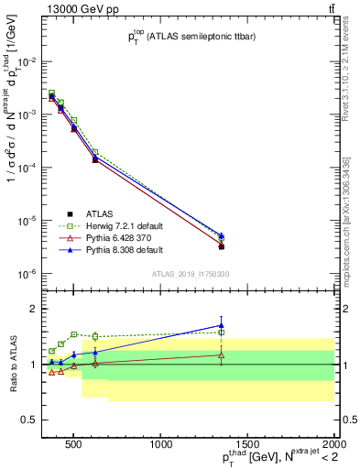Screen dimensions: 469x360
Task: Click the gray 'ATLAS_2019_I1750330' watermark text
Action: click(189, 274)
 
